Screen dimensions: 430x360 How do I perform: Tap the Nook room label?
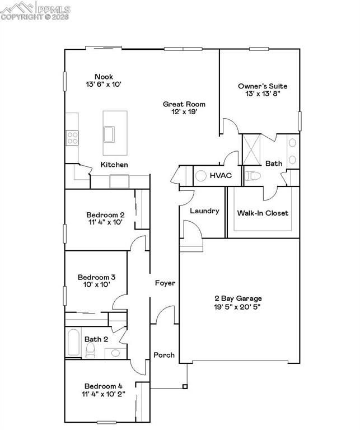click(x=104, y=76)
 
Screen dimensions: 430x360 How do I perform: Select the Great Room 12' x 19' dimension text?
click(x=184, y=112)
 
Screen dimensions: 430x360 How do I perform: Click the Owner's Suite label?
click(x=263, y=86)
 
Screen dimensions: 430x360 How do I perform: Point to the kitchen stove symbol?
click(x=72, y=137)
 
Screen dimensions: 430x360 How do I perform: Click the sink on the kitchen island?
click(x=110, y=135)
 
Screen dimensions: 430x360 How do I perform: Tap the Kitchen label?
click(x=114, y=165)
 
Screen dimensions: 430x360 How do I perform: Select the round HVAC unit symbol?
click(x=201, y=176)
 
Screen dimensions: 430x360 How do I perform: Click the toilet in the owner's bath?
click(x=253, y=176)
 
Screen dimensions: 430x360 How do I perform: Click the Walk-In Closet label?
click(x=263, y=213)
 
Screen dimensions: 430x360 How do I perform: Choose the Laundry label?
click(x=204, y=211)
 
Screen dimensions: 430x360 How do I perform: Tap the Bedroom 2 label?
click(x=105, y=214)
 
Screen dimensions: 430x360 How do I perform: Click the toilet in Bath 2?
click(x=91, y=350)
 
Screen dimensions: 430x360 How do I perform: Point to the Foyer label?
click(x=165, y=283)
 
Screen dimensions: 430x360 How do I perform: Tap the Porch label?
click(x=164, y=355)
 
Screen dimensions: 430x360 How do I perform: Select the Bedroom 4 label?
click(x=104, y=386)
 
